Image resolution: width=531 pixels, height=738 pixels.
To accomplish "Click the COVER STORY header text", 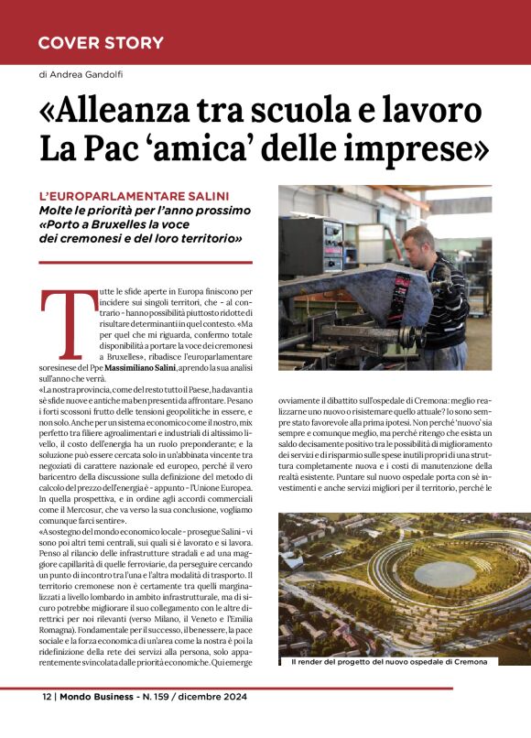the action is coord(101,43).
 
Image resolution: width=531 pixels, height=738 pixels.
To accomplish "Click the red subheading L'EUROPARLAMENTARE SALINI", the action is coord(134,196).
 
